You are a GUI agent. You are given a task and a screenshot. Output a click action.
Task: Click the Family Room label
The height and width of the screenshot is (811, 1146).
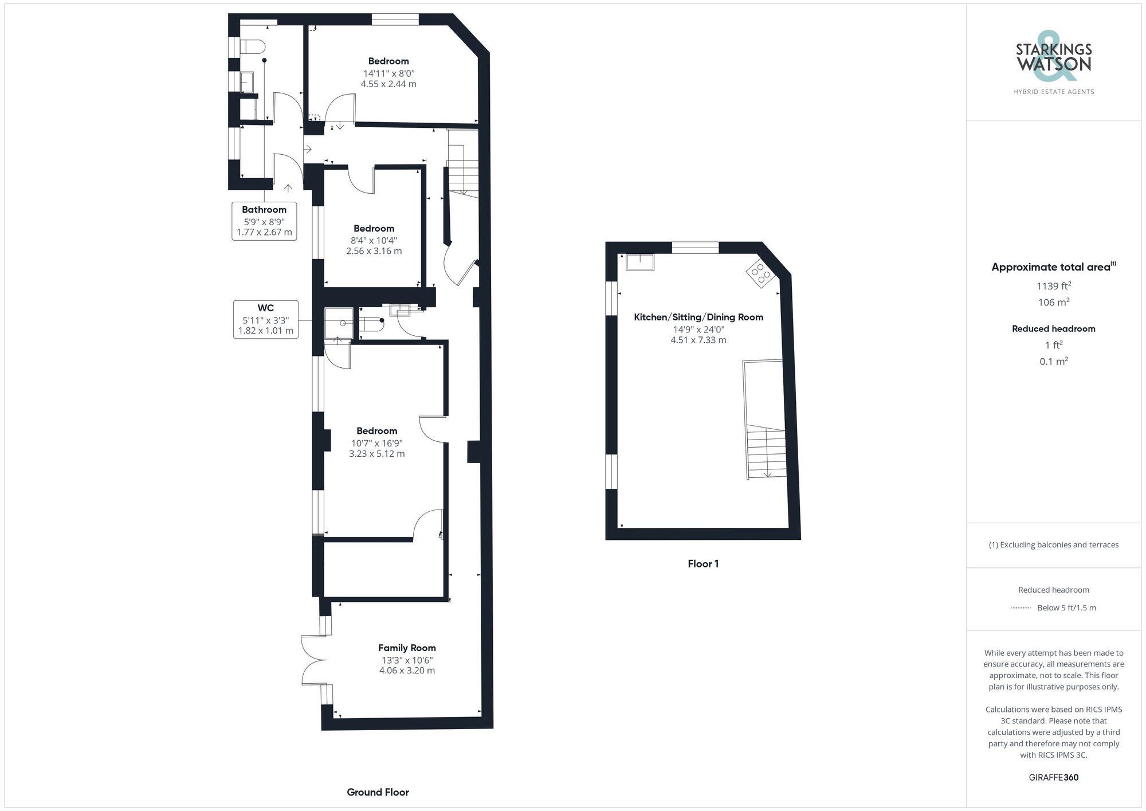(407, 648)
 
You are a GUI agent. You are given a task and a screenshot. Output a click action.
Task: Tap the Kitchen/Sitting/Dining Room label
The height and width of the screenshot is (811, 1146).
(698, 317)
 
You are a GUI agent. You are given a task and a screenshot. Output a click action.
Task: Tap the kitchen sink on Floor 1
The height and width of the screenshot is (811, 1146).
(640, 261)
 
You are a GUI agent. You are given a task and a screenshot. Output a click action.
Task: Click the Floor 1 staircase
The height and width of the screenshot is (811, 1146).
(766, 452)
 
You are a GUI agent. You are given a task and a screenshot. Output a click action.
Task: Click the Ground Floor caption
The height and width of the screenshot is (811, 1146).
(378, 792)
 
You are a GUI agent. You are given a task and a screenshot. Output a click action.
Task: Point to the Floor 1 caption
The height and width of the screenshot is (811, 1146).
(703, 563)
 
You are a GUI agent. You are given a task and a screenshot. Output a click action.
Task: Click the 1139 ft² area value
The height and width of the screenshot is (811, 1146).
(1054, 285)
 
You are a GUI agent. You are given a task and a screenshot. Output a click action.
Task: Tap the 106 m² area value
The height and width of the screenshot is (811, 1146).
(1054, 302)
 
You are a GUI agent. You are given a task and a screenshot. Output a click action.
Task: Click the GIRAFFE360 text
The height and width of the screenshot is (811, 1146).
(1054, 777)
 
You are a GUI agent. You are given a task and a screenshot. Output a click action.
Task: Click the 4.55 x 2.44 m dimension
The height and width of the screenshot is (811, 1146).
(388, 84)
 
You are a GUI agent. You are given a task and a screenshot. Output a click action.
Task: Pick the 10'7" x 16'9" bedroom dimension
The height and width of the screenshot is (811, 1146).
(377, 443)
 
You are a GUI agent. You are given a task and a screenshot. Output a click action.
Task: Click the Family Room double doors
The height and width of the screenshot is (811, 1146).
(314, 660)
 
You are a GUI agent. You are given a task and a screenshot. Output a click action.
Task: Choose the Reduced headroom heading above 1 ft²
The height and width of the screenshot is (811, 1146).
(1054, 328)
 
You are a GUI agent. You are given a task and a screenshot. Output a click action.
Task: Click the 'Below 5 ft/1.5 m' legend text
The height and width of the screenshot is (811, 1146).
(1066, 608)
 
